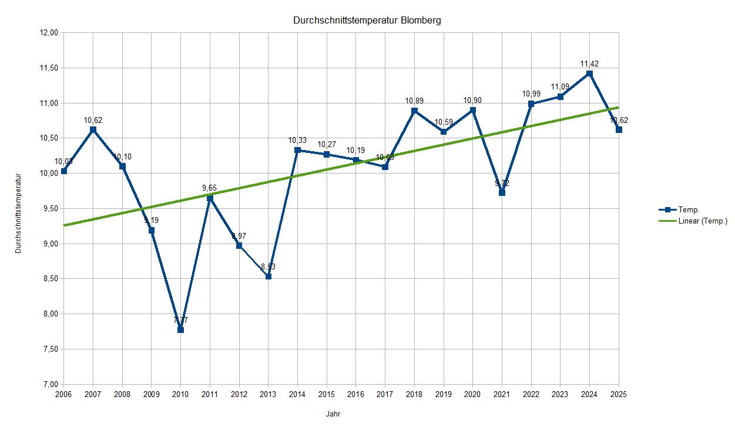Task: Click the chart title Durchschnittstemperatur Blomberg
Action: pyautogui.click(x=367, y=20)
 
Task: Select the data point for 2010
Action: pyautogui.click(x=180, y=330)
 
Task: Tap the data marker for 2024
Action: pyautogui.click(x=589, y=74)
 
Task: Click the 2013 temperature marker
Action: pyautogui.click(x=268, y=276)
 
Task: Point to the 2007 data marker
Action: pyautogui.click(x=93, y=129)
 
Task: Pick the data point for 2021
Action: pyautogui.click(x=502, y=193)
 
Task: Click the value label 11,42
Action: pyautogui.click(x=589, y=64)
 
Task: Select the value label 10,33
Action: pyautogui.click(x=297, y=140)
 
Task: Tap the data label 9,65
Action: pyautogui.click(x=210, y=188)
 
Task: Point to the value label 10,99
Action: pyautogui.click(x=531, y=94)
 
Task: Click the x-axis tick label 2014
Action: pyautogui.click(x=297, y=394)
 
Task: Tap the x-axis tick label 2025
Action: pyautogui.click(x=618, y=394)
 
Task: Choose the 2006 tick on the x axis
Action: pyautogui.click(x=63, y=394)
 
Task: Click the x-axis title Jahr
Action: pyautogui.click(x=333, y=414)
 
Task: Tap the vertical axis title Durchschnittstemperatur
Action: pyautogui.click(x=18, y=213)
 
